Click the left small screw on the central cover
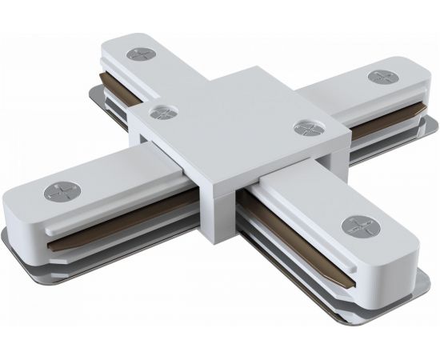click(164, 113)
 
